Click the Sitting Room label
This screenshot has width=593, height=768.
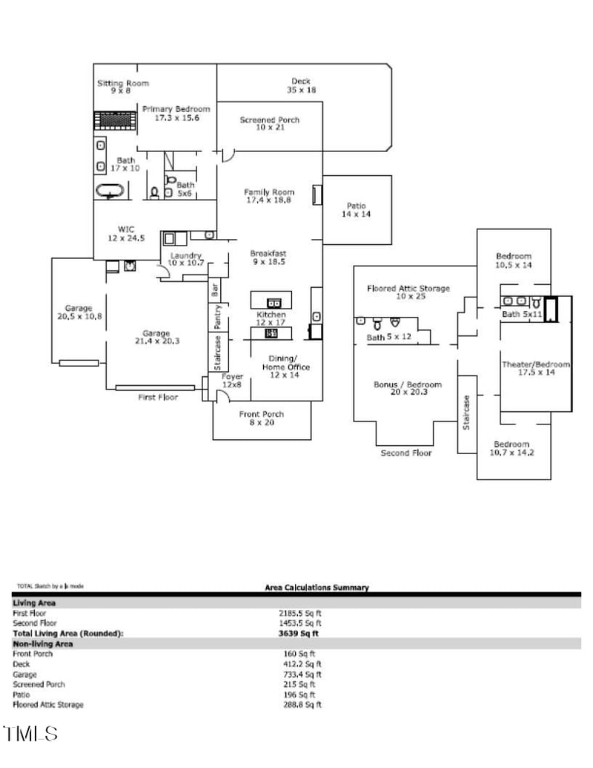point(122,87)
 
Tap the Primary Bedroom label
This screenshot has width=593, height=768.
point(176,113)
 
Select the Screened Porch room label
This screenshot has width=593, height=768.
point(269,123)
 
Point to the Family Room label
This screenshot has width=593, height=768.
point(268,196)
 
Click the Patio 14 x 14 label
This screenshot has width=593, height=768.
point(357,210)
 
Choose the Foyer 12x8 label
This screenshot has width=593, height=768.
point(232,381)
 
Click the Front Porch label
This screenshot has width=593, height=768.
point(261,419)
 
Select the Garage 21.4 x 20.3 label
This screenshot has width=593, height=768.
point(156,338)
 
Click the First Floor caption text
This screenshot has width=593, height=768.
point(158,398)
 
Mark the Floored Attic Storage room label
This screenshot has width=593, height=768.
point(408,292)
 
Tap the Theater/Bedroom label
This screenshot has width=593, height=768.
point(536,369)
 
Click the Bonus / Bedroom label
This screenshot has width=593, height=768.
point(407,388)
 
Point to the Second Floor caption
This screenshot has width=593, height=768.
point(405,453)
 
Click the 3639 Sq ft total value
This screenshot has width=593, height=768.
point(299,634)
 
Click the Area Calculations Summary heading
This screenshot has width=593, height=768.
point(317,588)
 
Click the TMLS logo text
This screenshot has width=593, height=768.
point(30,735)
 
